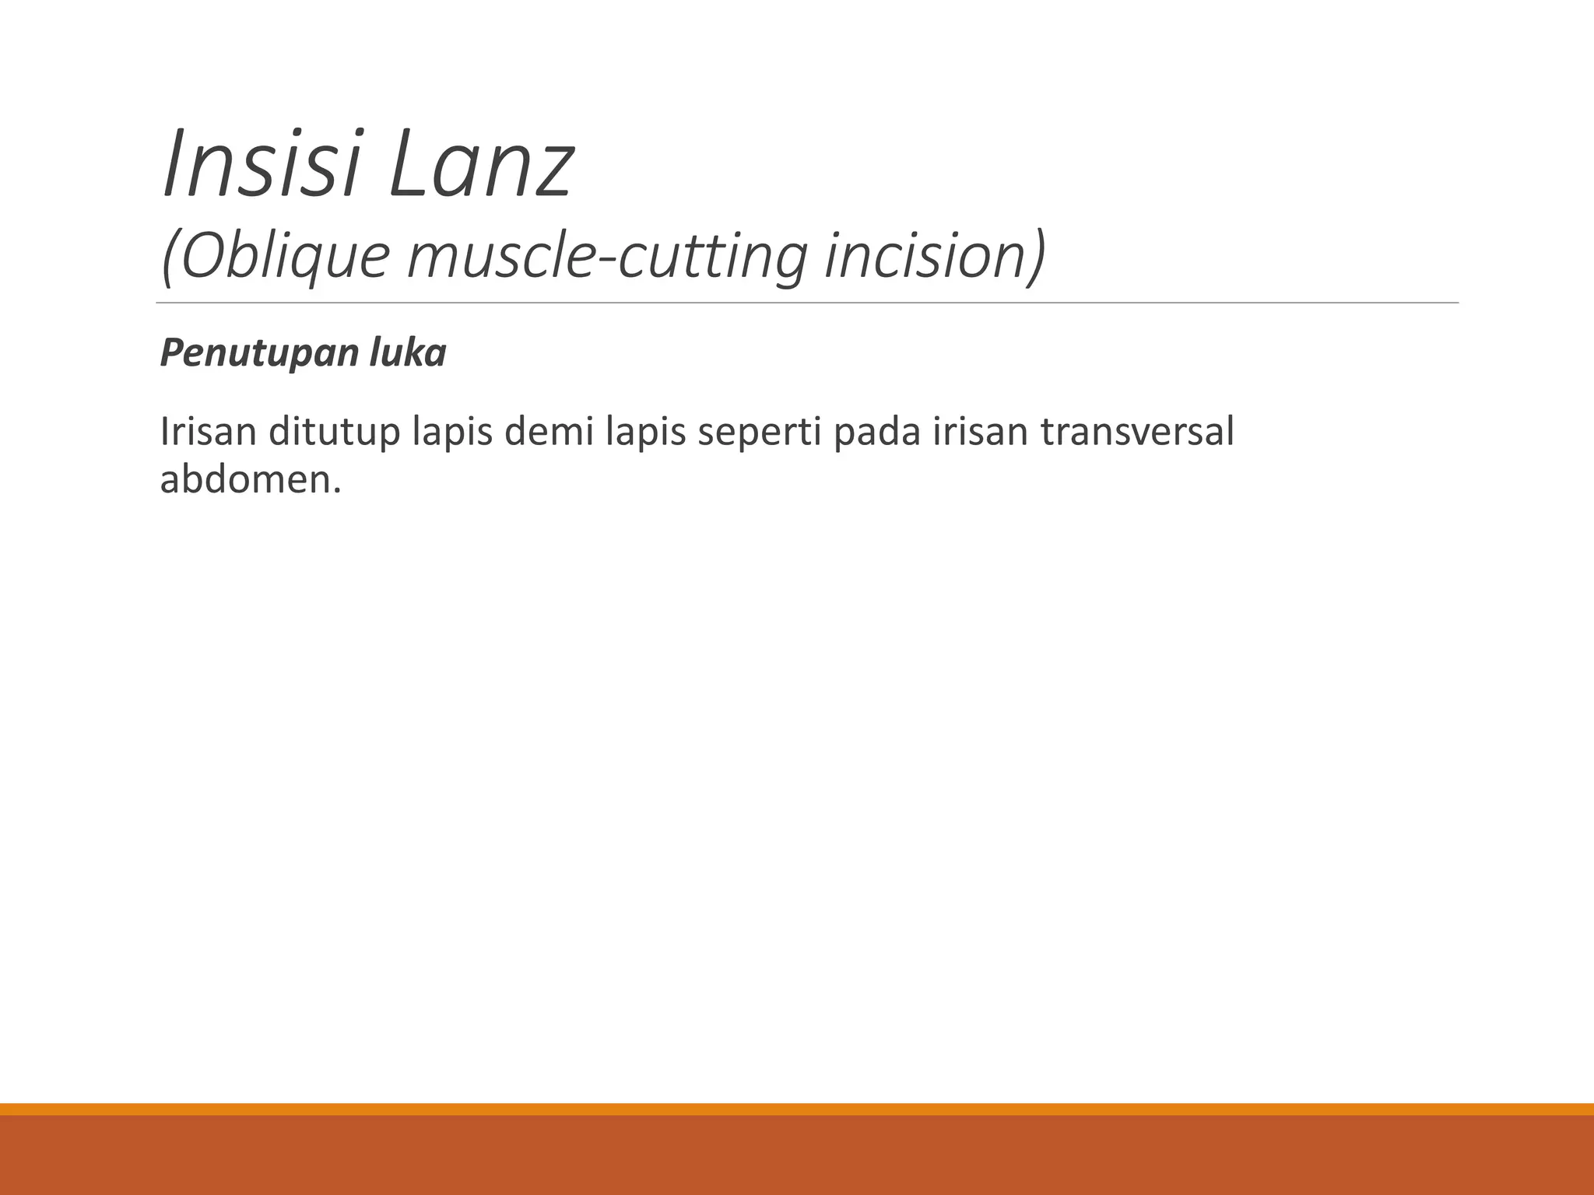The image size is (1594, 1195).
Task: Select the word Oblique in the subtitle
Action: [x=281, y=258]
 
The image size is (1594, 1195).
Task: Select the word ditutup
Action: [x=334, y=433]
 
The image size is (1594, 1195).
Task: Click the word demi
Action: [x=550, y=432]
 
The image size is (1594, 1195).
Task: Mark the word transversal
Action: [x=1137, y=432]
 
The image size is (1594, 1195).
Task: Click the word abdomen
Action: [x=250, y=480]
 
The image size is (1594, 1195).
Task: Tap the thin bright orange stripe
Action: [x=797, y=1109]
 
